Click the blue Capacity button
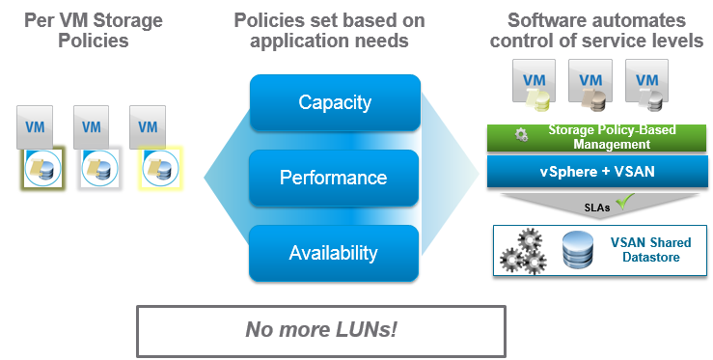pos(335,102)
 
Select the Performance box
pos(335,178)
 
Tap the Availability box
pos(335,253)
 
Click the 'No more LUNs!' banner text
pos(321,329)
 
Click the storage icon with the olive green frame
pos(42,169)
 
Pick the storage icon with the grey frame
pos(98,169)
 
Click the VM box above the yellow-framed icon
pos(148,127)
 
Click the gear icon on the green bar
pos(522,136)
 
